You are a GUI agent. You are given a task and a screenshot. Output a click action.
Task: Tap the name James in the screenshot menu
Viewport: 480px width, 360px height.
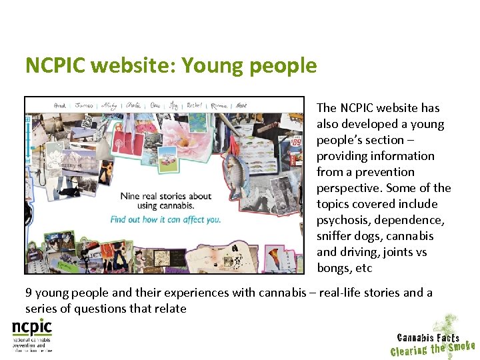[85, 105]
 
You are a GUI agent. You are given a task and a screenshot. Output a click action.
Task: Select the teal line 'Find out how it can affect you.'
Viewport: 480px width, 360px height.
[165, 219]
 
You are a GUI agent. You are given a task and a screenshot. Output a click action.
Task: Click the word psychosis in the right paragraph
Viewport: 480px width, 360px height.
[343, 220]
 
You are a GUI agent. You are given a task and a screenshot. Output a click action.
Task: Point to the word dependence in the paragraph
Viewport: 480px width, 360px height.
[415, 220]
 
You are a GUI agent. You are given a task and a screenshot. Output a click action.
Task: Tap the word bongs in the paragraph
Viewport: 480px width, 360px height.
[335, 268]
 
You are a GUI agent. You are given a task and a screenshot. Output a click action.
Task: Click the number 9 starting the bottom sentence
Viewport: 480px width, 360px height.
[29, 292]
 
